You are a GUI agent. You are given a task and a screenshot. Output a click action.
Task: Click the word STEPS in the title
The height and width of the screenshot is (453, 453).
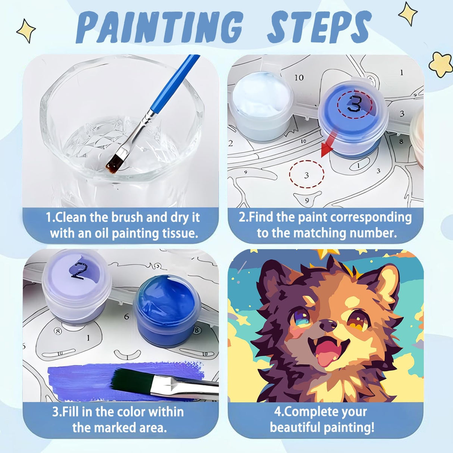[319, 27]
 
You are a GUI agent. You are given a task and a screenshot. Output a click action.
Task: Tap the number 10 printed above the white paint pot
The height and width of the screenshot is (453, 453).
[299, 78]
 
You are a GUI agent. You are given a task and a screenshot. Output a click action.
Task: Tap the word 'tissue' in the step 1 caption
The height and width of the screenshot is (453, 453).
[179, 234]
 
